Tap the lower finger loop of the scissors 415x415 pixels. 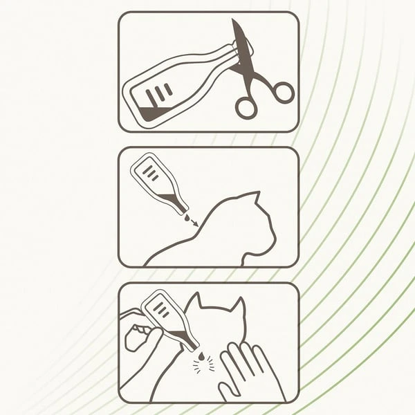246,107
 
